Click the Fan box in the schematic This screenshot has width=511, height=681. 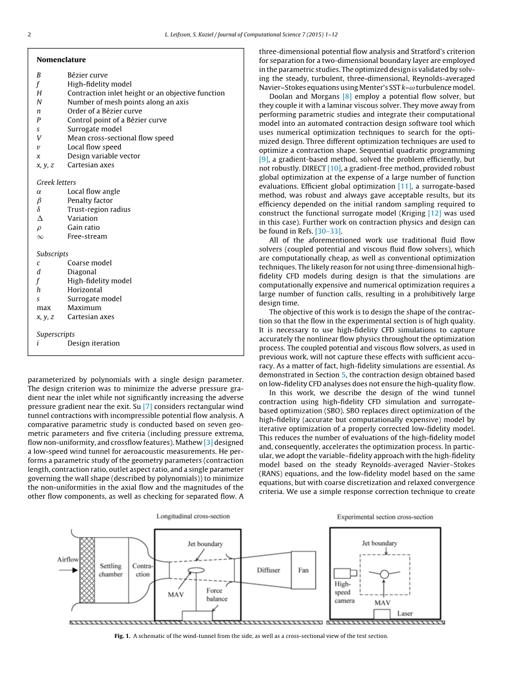point(303,570)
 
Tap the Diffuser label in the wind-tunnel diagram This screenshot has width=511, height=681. point(268,570)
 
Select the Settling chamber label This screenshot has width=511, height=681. point(110,570)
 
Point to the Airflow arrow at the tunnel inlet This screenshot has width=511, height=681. point(68,570)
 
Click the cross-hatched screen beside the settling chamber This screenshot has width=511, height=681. point(87,570)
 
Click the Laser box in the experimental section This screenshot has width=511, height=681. point(382,614)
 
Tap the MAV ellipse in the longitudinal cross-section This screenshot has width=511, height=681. point(196,570)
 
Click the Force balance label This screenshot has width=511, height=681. point(216,594)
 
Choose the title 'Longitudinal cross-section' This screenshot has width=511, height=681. point(193,516)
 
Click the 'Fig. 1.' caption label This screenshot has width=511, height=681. point(122,636)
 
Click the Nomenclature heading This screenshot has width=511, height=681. point(61,60)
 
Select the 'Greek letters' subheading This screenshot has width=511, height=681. point(56,182)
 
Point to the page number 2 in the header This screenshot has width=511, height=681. point(30,34)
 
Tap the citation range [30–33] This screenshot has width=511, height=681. point(328,231)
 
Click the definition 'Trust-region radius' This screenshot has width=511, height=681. point(99,209)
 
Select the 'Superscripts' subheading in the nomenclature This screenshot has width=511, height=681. point(55,334)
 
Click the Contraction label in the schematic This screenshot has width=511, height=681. point(142,570)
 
